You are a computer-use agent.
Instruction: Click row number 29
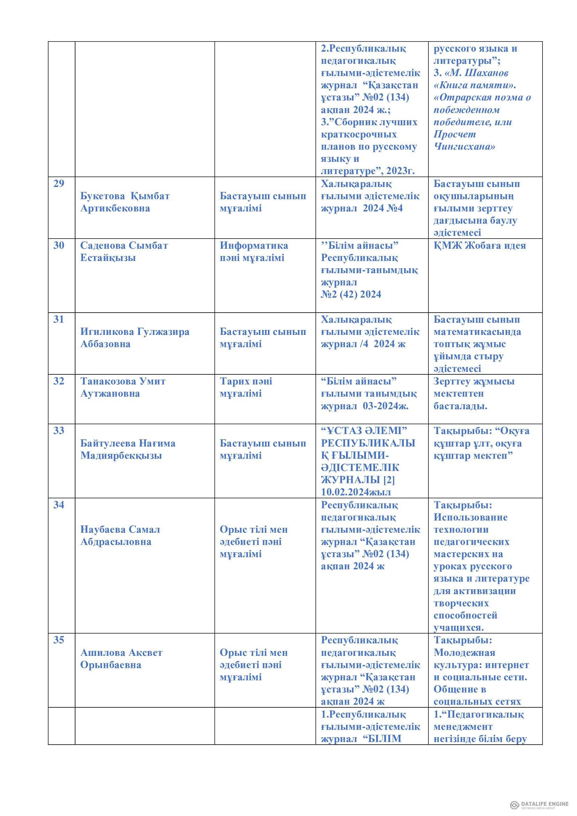[58, 184]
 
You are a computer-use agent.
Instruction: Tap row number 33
[58, 431]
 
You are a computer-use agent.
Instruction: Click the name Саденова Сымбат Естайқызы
[123, 251]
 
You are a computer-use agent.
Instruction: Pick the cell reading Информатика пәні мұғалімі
[254, 251]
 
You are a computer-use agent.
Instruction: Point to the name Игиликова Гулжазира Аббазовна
[135, 338]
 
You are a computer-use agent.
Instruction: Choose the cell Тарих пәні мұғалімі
[246, 387]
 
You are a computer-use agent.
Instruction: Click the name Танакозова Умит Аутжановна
[122, 387]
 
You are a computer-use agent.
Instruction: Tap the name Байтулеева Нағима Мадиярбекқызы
[128, 450]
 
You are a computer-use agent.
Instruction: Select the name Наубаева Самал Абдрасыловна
[120, 536]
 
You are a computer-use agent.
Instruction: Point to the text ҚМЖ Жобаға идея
[479, 245]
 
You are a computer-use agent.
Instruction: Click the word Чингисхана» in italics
[464, 147]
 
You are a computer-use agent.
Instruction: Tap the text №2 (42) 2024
[351, 294]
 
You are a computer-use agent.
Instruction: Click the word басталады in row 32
[460, 406]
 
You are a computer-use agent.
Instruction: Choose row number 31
[58, 320]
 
